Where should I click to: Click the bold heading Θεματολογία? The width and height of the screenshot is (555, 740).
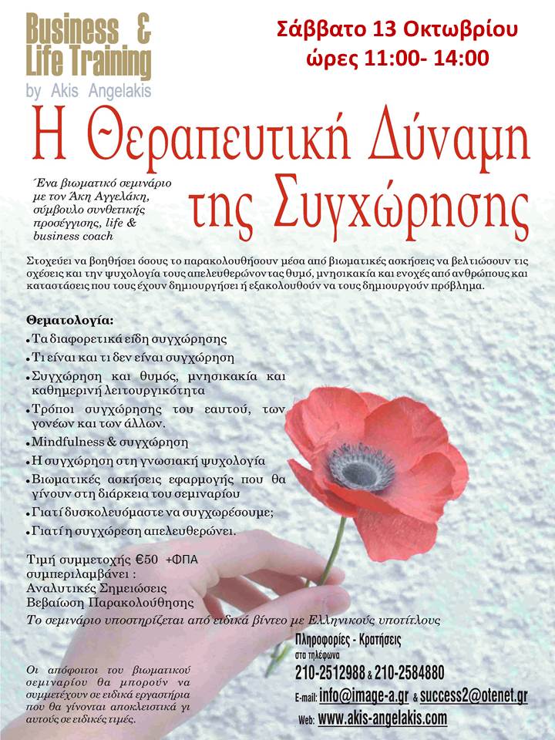click(x=59, y=319)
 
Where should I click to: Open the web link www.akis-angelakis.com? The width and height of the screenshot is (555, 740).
click(x=382, y=718)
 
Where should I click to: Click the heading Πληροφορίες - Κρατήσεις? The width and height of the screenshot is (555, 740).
click(x=348, y=640)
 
